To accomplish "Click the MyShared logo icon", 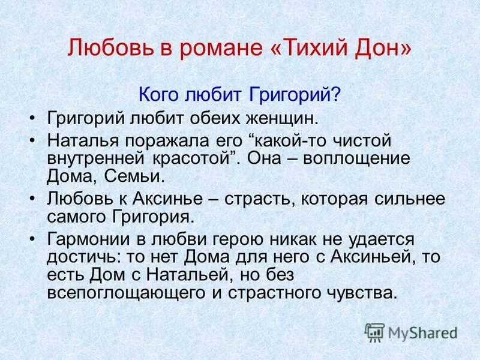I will pos(374,331).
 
